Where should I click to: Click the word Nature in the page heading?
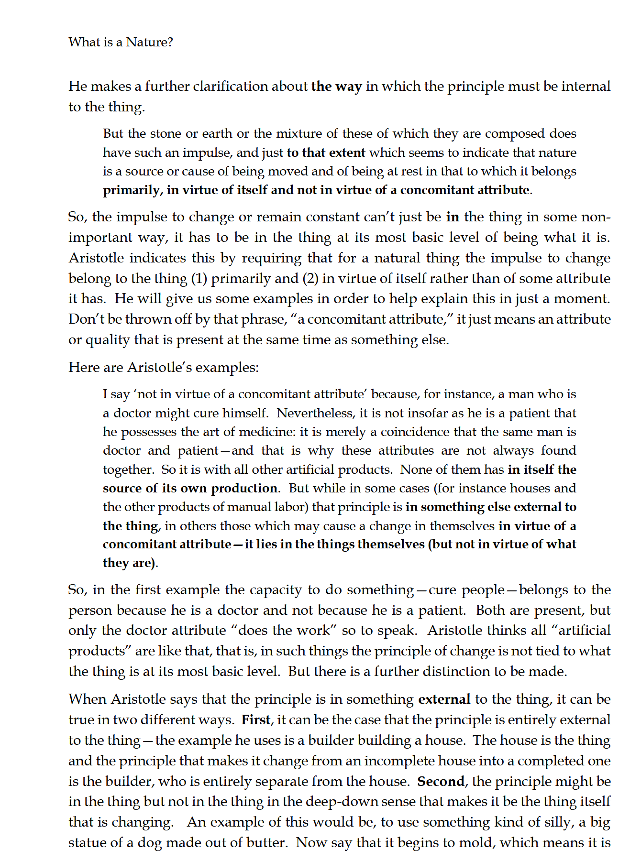(149, 43)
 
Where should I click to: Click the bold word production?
(244, 489)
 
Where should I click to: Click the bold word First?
(256, 720)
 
